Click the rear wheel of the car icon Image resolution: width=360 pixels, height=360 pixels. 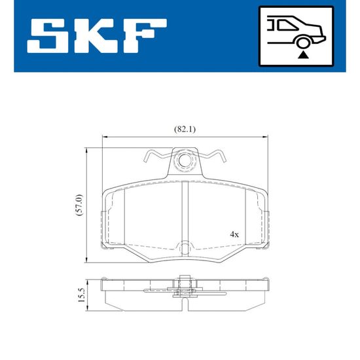(x=303, y=43)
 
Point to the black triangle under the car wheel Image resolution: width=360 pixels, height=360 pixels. (x=303, y=55)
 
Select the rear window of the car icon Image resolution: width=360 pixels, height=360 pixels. (x=286, y=25)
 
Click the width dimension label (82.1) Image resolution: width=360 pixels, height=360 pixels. (x=185, y=130)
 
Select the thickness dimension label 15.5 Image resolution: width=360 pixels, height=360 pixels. (x=82, y=295)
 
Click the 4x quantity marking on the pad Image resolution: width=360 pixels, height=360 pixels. (x=234, y=234)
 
